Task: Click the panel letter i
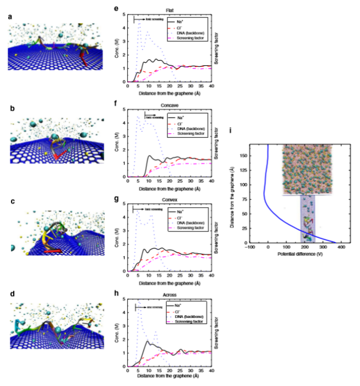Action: tap(235, 130)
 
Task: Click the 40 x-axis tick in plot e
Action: tap(211, 86)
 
